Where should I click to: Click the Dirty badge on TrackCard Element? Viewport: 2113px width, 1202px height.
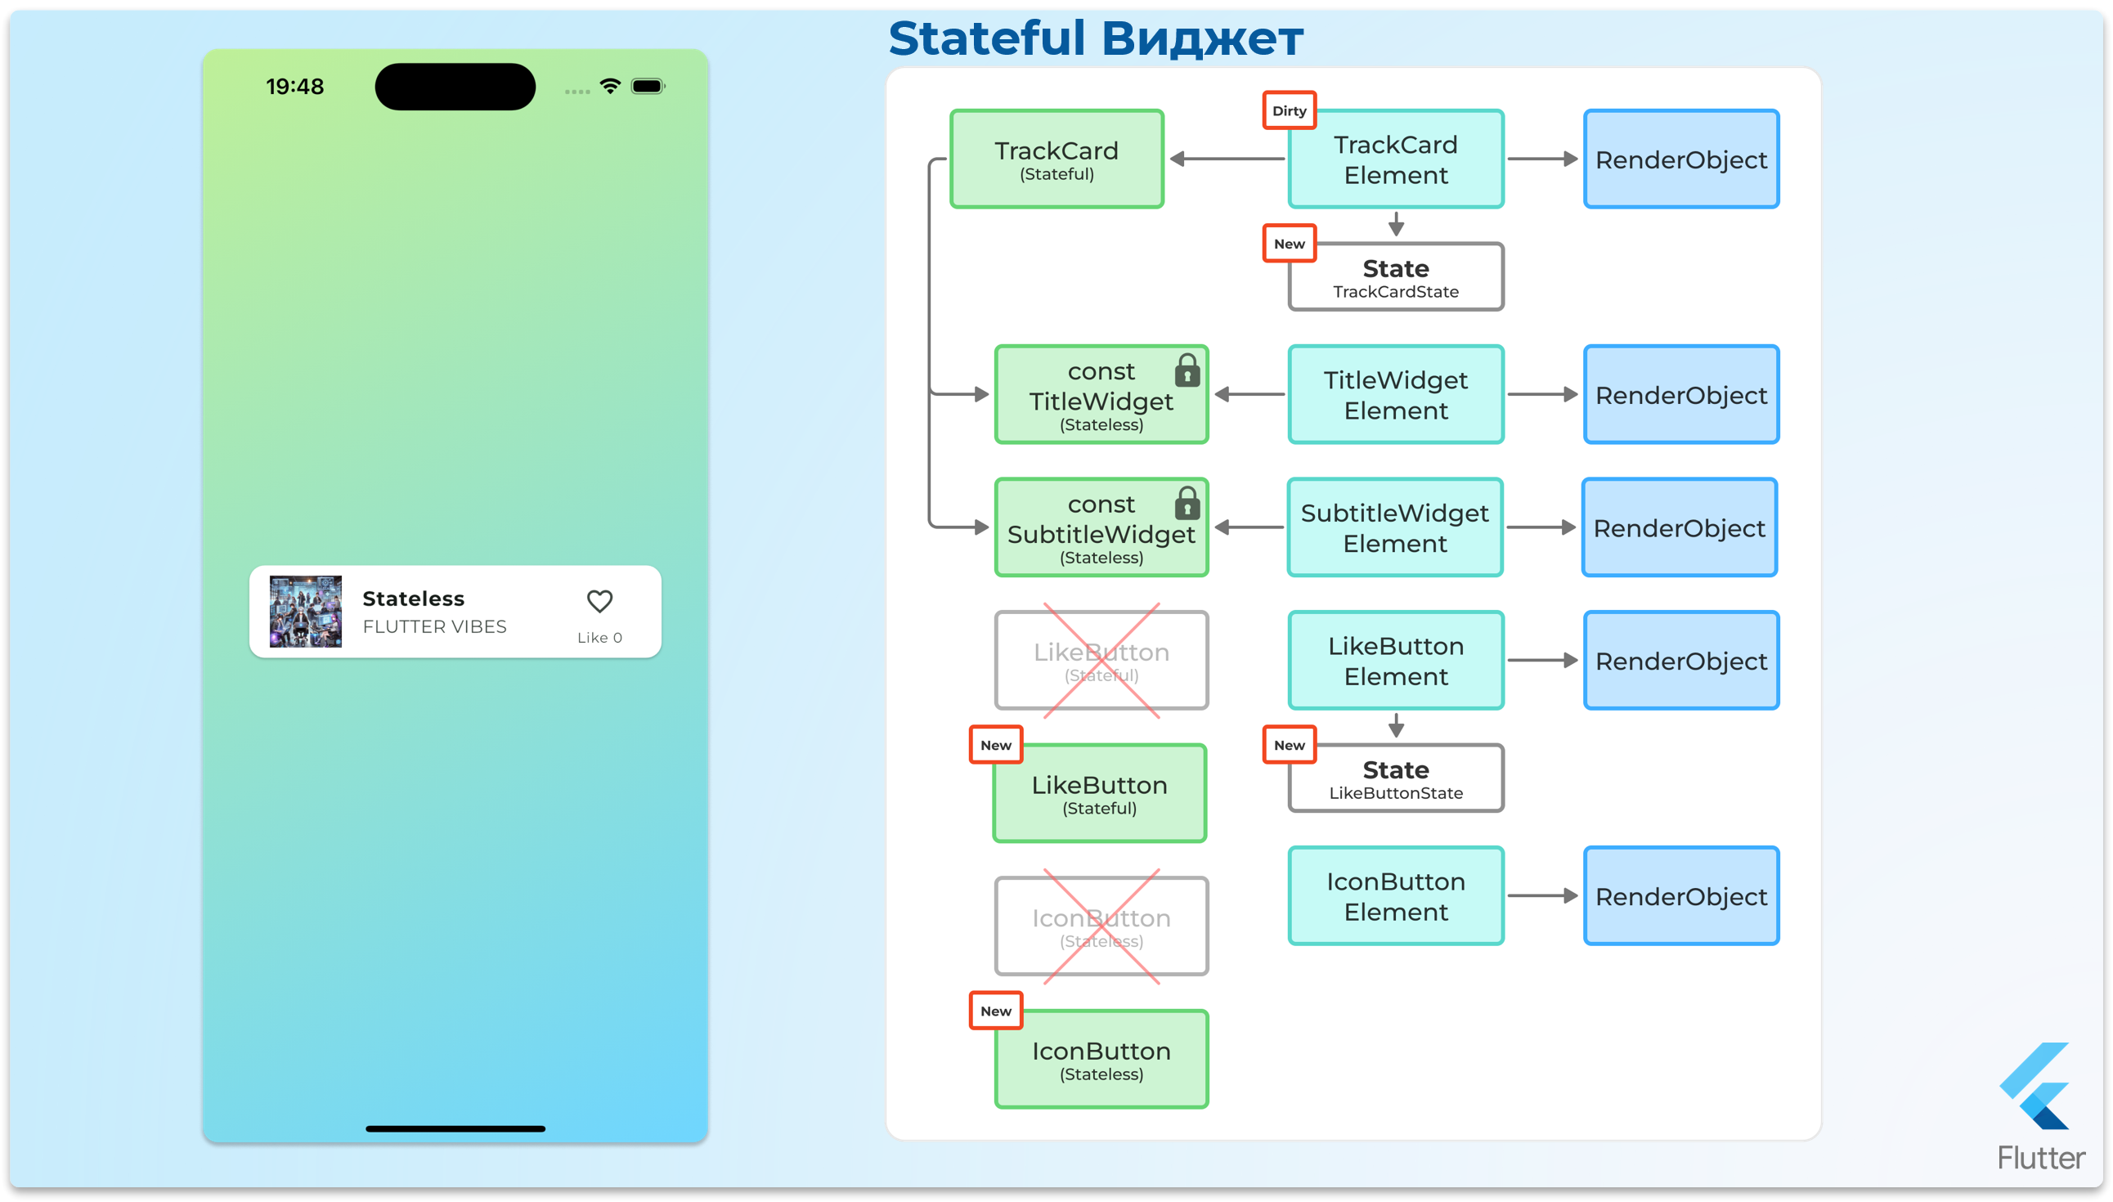1289,110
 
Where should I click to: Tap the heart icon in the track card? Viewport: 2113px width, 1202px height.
599,601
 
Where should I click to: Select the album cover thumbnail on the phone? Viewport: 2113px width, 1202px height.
305,612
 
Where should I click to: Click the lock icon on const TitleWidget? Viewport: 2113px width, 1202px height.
1187,370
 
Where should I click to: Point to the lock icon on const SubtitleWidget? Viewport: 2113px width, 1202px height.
1187,504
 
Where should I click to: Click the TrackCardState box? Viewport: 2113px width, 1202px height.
1396,277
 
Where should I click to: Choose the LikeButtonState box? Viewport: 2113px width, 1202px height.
1396,778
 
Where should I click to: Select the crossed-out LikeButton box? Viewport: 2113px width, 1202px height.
1101,661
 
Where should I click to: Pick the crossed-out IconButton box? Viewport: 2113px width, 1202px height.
1101,926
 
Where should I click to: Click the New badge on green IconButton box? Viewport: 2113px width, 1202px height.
995,1011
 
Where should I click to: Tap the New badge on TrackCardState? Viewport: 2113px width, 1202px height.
1289,244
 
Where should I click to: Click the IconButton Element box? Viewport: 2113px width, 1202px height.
1396,895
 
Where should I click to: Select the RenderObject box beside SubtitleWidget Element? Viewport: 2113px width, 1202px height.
1679,527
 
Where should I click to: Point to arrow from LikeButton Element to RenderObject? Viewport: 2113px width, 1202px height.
1542,661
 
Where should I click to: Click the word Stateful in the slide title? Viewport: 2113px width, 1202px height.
986,38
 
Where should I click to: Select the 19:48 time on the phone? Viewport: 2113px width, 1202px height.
294,87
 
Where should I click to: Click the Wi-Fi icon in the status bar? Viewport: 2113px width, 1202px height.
610,86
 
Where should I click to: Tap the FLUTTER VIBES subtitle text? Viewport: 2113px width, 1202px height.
434,626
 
